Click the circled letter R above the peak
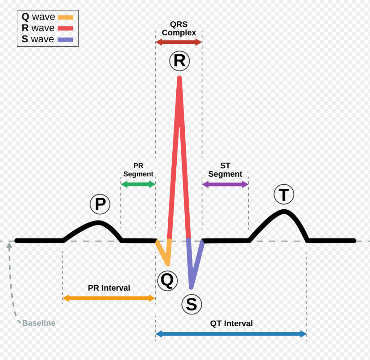179,61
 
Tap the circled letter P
100,204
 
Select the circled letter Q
167,281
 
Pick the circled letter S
192,304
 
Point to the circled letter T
284,194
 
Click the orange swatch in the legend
65,17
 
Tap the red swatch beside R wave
65,28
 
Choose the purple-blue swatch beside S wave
65,40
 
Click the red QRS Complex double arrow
178,42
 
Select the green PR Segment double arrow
138,184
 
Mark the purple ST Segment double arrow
225,184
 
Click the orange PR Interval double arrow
109,298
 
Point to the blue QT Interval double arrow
231,334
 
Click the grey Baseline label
39,323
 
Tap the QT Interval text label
231,323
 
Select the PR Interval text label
109,288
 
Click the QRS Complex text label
179,28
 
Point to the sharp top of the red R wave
179,77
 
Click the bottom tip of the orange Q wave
168,265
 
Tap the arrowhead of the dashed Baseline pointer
9,246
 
